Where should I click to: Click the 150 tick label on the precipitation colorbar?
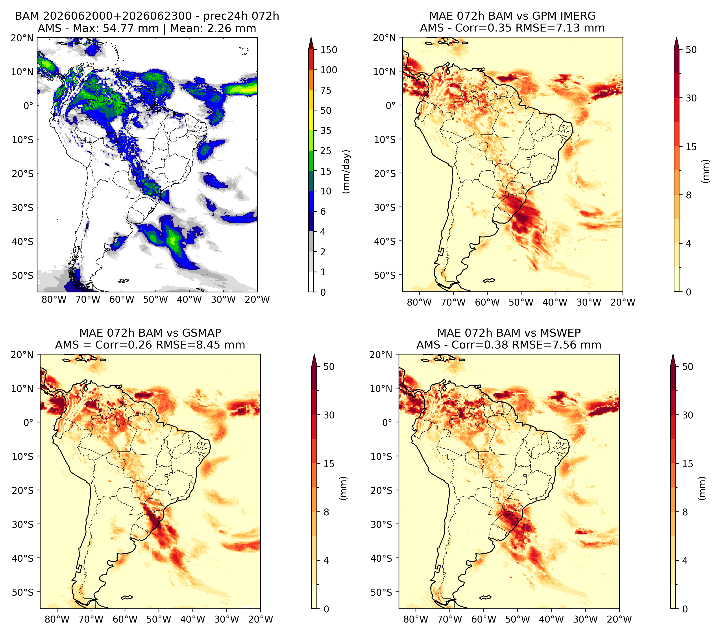pos(328,50)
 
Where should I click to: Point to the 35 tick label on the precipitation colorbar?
pos(325,131)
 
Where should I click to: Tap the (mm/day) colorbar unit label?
pos(346,172)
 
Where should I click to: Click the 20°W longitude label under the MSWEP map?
pos(619,619)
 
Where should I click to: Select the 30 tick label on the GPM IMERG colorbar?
pos(691,98)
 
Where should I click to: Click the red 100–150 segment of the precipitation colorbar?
pos(311,59)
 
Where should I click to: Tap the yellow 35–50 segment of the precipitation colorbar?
pos(311,120)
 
